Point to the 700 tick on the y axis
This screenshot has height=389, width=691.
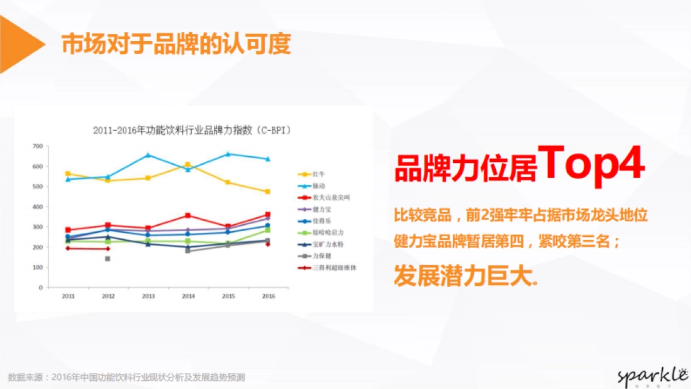tap(38, 146)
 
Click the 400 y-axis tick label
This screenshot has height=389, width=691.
tap(38, 207)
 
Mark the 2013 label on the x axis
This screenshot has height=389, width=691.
tap(148, 296)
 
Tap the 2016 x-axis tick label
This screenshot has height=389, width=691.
tap(268, 296)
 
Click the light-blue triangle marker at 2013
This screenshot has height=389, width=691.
tap(148, 155)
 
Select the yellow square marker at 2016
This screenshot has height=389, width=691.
tap(268, 191)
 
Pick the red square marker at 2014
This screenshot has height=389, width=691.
tap(188, 216)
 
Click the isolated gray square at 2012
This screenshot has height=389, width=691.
tap(108, 259)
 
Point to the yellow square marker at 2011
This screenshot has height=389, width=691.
tap(68, 173)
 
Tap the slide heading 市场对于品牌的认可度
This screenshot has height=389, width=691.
tap(176, 44)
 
